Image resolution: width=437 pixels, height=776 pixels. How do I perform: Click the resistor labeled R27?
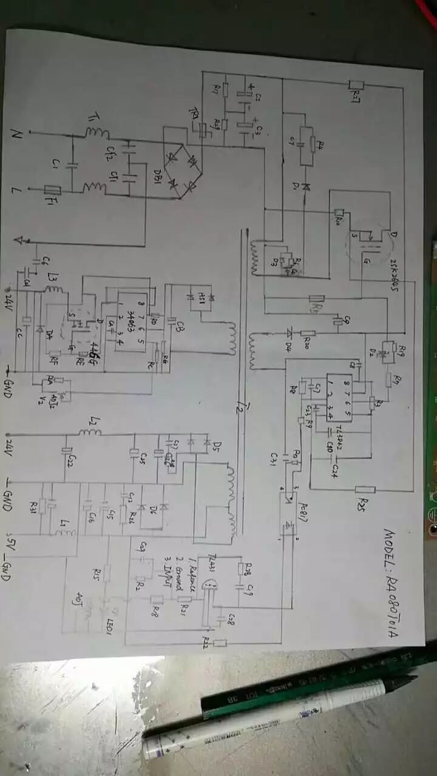(x=356, y=87)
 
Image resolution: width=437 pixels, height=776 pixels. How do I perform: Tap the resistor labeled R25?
(x=365, y=490)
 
